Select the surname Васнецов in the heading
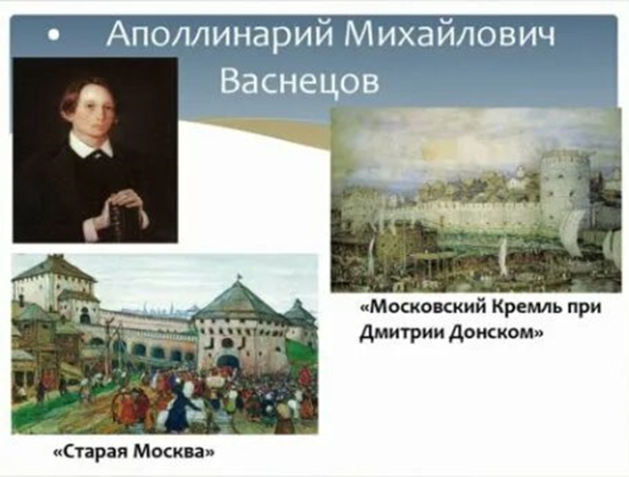[299, 81]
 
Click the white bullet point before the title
[53, 36]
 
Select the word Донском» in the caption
[496, 333]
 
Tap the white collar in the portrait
[92, 144]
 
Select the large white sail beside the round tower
[574, 232]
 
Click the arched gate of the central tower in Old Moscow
[229, 361]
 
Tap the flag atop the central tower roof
[240, 276]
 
